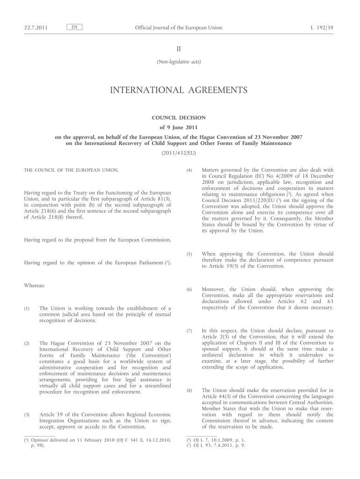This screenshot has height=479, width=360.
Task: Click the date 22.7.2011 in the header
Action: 36,28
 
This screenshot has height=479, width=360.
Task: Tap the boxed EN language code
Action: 74,27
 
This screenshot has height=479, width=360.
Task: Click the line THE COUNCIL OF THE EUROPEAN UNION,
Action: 72,170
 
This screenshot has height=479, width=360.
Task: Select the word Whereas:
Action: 34,285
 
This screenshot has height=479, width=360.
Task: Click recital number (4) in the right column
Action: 189,170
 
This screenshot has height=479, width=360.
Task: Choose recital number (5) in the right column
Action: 189,254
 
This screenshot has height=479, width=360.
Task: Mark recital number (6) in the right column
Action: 189,290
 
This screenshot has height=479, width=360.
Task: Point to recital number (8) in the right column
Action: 189,390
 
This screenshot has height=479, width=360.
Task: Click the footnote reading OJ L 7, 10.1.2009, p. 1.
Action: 216,440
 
